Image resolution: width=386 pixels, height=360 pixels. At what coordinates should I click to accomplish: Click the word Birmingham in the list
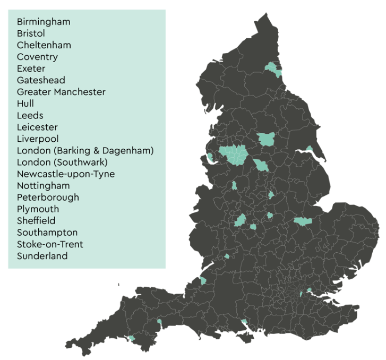pos(44,22)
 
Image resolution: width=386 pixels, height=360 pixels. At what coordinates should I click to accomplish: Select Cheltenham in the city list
pos(44,45)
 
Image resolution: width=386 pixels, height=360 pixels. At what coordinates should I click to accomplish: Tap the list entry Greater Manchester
pos(61,92)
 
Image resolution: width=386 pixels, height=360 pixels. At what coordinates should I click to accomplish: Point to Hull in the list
pos(25,104)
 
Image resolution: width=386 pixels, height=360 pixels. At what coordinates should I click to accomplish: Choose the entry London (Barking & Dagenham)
pos(85,151)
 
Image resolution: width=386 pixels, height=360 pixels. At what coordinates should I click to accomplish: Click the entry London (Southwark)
pos(63,162)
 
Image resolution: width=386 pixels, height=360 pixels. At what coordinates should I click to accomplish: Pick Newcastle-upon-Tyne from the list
pos(65,174)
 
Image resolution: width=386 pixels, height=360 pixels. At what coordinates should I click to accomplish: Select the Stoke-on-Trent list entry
pos(50,244)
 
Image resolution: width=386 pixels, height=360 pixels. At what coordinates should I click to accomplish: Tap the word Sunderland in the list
pos(42,256)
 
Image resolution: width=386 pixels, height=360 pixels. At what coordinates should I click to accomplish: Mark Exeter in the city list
pos(31,68)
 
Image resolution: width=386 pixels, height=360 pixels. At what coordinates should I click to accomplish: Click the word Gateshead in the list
pos(41,80)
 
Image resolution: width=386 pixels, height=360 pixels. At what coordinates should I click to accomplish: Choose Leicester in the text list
pos(37,127)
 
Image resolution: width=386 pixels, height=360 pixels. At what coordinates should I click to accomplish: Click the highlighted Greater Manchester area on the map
pos(234,153)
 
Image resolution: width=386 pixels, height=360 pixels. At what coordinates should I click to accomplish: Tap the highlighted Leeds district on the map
pos(266,139)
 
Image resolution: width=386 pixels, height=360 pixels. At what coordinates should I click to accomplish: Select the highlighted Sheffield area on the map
pos(261,165)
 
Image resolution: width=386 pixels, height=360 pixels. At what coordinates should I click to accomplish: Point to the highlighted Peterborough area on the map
pos(303,221)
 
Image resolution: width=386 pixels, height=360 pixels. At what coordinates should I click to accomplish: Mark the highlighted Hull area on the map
pos(309,148)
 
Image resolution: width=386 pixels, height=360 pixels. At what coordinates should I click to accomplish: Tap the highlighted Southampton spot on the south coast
pos(244,322)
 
